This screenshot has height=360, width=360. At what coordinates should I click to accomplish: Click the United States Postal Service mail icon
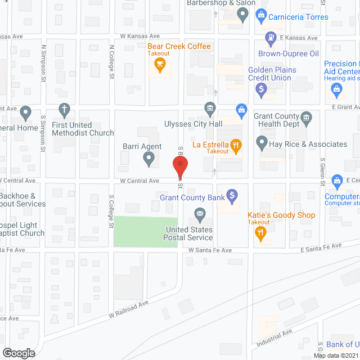(199, 214)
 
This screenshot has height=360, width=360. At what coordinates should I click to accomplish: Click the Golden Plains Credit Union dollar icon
(261, 88)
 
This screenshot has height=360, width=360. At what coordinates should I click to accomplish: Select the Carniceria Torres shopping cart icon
(260, 15)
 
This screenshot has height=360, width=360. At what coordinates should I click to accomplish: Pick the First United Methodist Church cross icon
(65, 108)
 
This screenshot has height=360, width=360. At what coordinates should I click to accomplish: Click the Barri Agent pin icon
(149, 160)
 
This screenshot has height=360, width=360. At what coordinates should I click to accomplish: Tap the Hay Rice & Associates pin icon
(261, 143)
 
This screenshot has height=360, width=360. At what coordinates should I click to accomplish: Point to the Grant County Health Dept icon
(306, 118)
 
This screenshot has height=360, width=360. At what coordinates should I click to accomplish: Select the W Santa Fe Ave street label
(210, 250)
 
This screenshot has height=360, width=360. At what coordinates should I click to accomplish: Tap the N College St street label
(112, 62)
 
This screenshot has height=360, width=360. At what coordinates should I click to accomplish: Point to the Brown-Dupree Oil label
(288, 54)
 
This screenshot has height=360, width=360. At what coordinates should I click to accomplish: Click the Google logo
(19, 353)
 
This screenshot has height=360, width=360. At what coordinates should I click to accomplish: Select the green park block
(146, 231)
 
